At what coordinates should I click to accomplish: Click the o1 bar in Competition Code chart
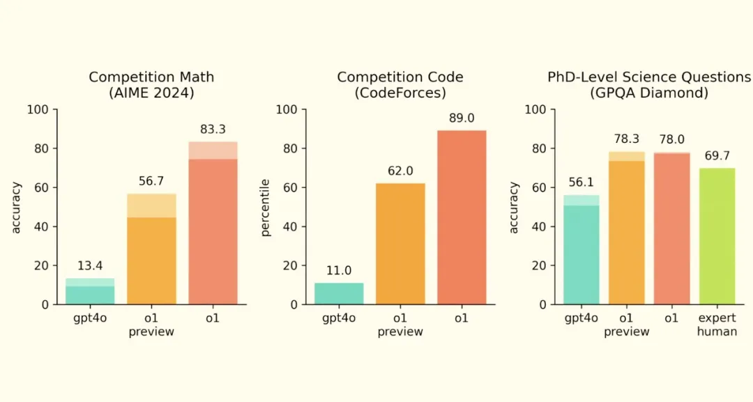(x=461, y=217)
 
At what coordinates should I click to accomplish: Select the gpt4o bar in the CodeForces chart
(x=339, y=293)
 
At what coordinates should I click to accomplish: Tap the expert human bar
(x=717, y=236)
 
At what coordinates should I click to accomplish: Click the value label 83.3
(x=213, y=130)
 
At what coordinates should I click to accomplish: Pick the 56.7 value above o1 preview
(x=151, y=181)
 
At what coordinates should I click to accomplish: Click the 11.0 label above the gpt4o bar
(x=339, y=270)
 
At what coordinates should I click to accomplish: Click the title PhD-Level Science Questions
(x=649, y=77)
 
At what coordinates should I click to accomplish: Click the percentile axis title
(x=265, y=207)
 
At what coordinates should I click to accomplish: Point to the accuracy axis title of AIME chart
(x=17, y=207)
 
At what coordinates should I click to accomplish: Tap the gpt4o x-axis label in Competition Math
(x=90, y=318)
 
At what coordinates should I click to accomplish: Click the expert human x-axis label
(x=717, y=325)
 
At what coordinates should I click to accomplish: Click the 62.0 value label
(x=400, y=171)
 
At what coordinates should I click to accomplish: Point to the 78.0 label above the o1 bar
(x=671, y=140)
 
